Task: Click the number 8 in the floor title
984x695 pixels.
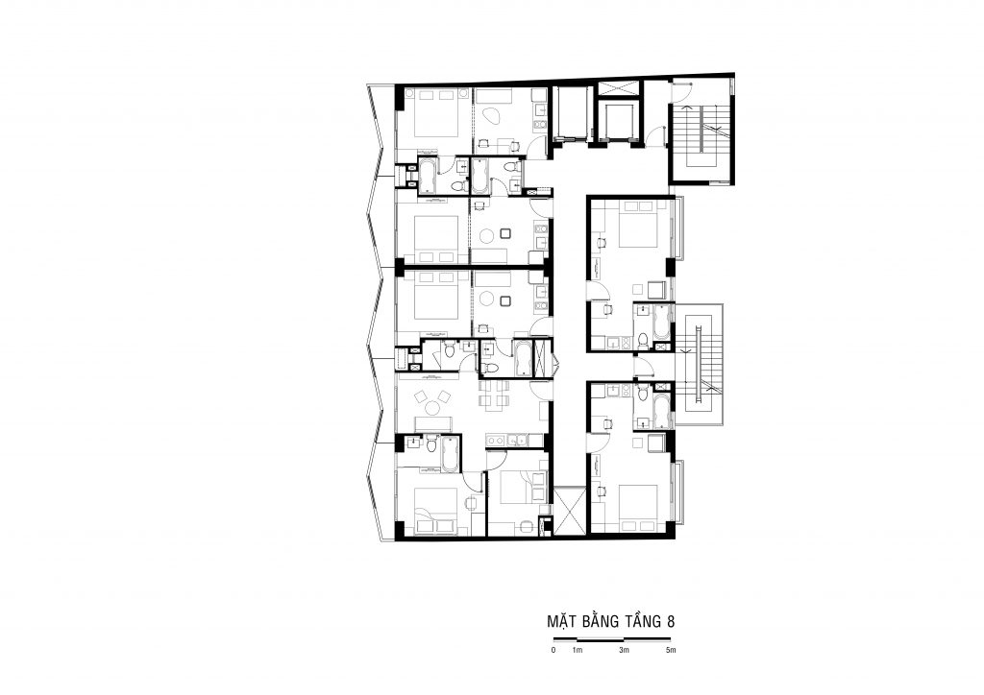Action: click(671, 622)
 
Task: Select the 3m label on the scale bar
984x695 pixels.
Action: click(623, 650)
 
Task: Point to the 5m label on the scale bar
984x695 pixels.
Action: click(671, 650)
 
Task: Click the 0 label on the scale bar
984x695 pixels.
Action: click(553, 650)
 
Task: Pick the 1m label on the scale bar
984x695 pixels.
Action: click(578, 650)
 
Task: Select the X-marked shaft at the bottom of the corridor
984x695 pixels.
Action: click(570, 512)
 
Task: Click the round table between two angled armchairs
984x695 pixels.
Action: click(432, 408)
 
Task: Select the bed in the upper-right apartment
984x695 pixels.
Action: click(638, 224)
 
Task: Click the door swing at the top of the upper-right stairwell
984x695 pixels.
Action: click(681, 92)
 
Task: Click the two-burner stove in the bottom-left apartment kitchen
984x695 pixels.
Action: click(496, 440)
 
